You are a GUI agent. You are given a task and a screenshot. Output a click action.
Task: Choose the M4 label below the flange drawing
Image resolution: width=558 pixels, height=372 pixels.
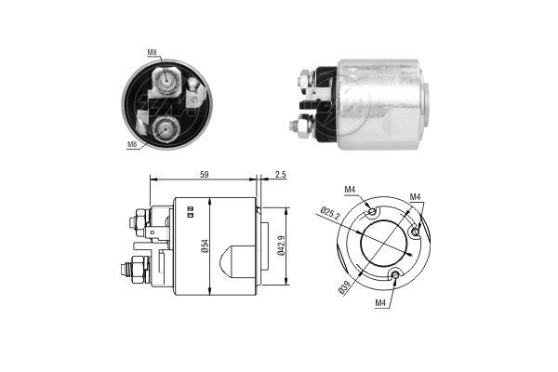click(x=380, y=303)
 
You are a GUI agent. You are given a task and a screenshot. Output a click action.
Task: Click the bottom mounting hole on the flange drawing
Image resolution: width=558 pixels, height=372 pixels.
click(x=395, y=274)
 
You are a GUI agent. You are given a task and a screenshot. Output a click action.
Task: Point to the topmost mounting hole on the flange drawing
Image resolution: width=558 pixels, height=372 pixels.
click(x=372, y=211)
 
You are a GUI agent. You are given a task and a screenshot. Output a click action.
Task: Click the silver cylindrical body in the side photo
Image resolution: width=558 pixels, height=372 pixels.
click(x=381, y=104)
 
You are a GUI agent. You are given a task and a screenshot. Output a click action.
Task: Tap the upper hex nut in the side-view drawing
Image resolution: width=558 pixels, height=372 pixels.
click(x=138, y=221)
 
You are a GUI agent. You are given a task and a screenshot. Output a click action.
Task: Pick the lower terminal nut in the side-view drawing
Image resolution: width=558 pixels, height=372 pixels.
click(x=137, y=270)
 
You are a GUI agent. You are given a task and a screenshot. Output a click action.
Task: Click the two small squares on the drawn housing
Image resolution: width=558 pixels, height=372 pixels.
click(x=190, y=211)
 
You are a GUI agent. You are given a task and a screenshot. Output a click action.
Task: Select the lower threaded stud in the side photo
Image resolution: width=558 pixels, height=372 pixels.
click(x=299, y=126)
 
